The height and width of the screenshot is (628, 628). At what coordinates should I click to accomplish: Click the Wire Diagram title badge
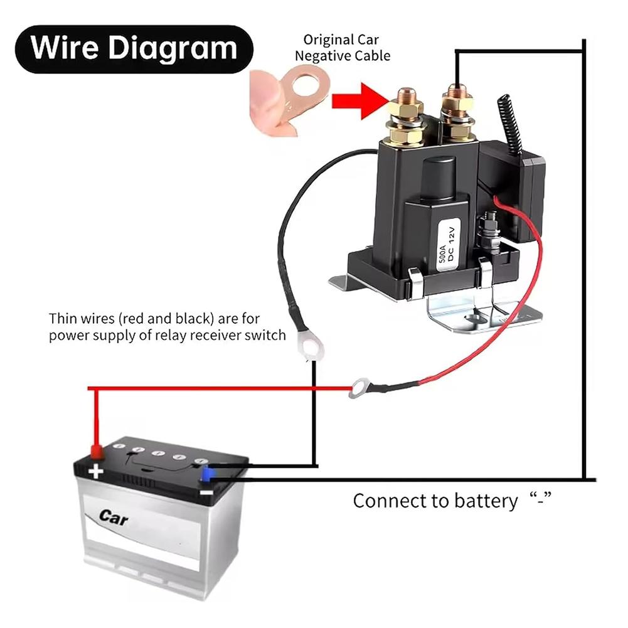(133, 49)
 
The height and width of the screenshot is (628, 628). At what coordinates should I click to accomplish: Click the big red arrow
(356, 100)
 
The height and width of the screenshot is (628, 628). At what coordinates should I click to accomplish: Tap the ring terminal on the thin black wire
(311, 344)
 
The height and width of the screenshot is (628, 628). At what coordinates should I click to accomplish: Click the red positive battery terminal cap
(97, 450)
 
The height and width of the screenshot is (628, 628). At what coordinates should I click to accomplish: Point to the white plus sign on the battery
(96, 471)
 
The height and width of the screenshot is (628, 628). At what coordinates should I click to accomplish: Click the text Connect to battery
(435, 501)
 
